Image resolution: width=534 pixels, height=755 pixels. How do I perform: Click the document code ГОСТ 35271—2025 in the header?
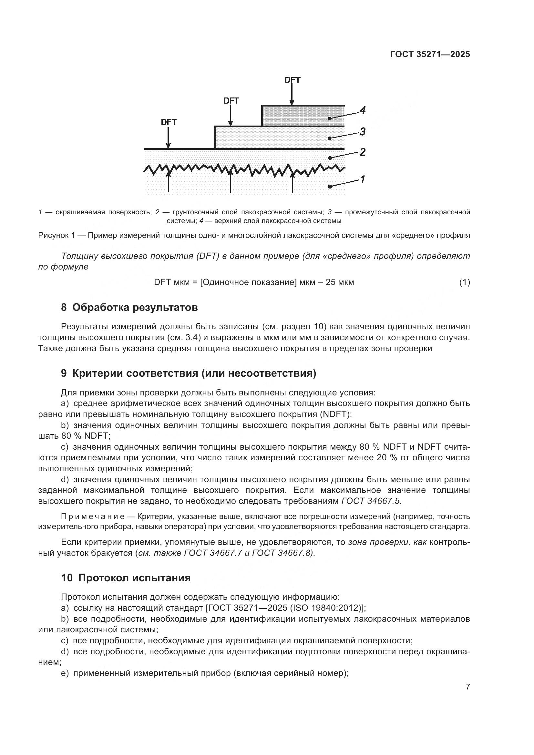click(430, 54)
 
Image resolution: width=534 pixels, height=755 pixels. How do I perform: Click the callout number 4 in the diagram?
click(362, 110)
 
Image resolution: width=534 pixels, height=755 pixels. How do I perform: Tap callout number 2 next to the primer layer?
click(362, 152)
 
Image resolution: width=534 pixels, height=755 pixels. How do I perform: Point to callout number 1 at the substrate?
click(362, 179)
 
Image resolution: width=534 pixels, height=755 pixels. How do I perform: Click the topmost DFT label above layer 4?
click(292, 80)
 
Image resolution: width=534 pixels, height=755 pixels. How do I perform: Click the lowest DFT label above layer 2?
click(169, 122)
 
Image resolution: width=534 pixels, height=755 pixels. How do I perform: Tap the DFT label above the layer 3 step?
click(231, 101)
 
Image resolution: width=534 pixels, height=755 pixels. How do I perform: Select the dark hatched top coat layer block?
click(303, 116)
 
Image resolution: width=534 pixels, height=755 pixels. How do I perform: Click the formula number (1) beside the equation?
click(464, 282)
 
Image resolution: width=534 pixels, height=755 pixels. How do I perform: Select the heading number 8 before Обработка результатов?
click(64, 308)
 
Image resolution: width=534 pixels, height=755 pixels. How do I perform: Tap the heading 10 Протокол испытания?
click(126, 578)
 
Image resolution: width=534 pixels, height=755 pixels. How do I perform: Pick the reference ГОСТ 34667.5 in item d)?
click(372, 501)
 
